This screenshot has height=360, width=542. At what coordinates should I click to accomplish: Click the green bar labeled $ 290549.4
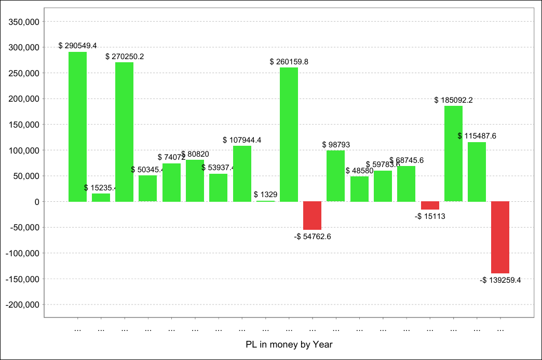[78, 127]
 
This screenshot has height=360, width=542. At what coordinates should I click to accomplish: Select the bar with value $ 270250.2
[125, 132]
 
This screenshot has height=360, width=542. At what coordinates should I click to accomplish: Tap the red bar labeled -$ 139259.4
[500, 237]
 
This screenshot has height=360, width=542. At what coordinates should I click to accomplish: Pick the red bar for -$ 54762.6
[313, 215]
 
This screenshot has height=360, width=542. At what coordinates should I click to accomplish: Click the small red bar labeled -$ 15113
[430, 205]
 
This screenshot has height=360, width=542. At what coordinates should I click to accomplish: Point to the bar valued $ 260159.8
[289, 134]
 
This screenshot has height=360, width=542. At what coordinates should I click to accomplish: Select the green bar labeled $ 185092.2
[453, 154]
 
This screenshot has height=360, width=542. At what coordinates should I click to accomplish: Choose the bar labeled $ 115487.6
[477, 172]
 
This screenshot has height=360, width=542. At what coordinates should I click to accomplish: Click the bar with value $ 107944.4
[242, 174]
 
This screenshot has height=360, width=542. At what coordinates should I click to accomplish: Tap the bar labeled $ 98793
[336, 176]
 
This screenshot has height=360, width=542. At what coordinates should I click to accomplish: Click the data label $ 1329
[266, 195]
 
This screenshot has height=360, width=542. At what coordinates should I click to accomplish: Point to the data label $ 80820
[195, 154]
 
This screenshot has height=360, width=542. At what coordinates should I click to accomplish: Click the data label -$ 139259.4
[500, 280]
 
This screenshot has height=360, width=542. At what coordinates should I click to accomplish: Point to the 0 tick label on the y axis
[37, 202]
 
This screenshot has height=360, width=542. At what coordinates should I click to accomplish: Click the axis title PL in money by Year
[289, 344]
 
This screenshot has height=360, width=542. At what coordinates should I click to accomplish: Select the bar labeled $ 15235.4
[101, 197]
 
